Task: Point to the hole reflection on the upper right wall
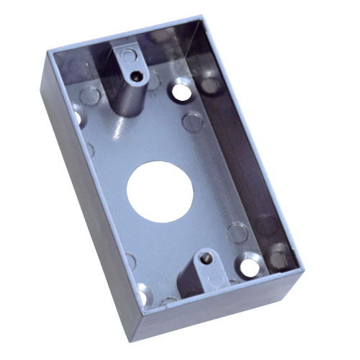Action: (210, 85)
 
